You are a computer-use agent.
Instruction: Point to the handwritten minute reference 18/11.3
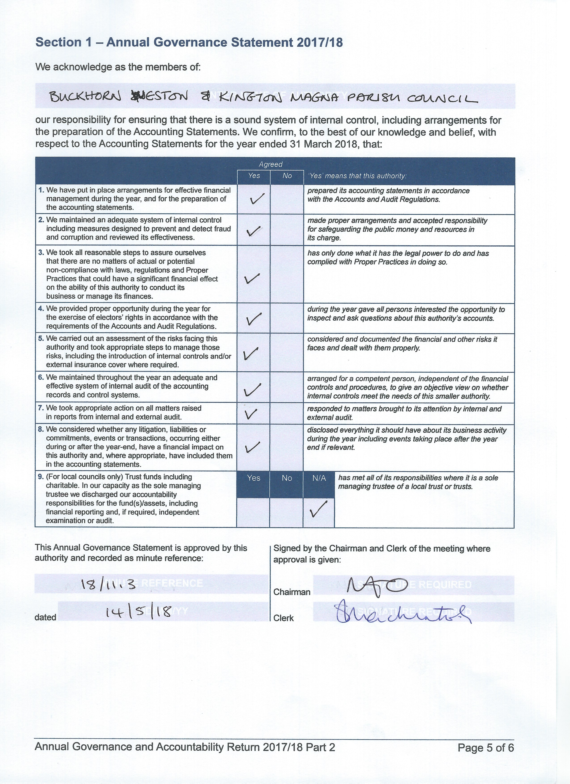(108, 585)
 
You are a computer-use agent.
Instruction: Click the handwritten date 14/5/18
(138, 612)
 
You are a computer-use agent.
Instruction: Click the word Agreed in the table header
(271, 164)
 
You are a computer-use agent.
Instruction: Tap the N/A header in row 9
(319, 478)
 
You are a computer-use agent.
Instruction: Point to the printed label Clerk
(283, 618)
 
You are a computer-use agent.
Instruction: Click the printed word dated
(45, 617)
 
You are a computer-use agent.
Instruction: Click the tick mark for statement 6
(252, 390)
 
